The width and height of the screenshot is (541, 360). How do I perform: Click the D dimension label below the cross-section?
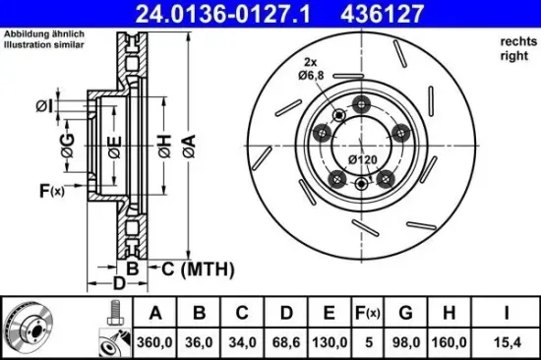117,284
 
